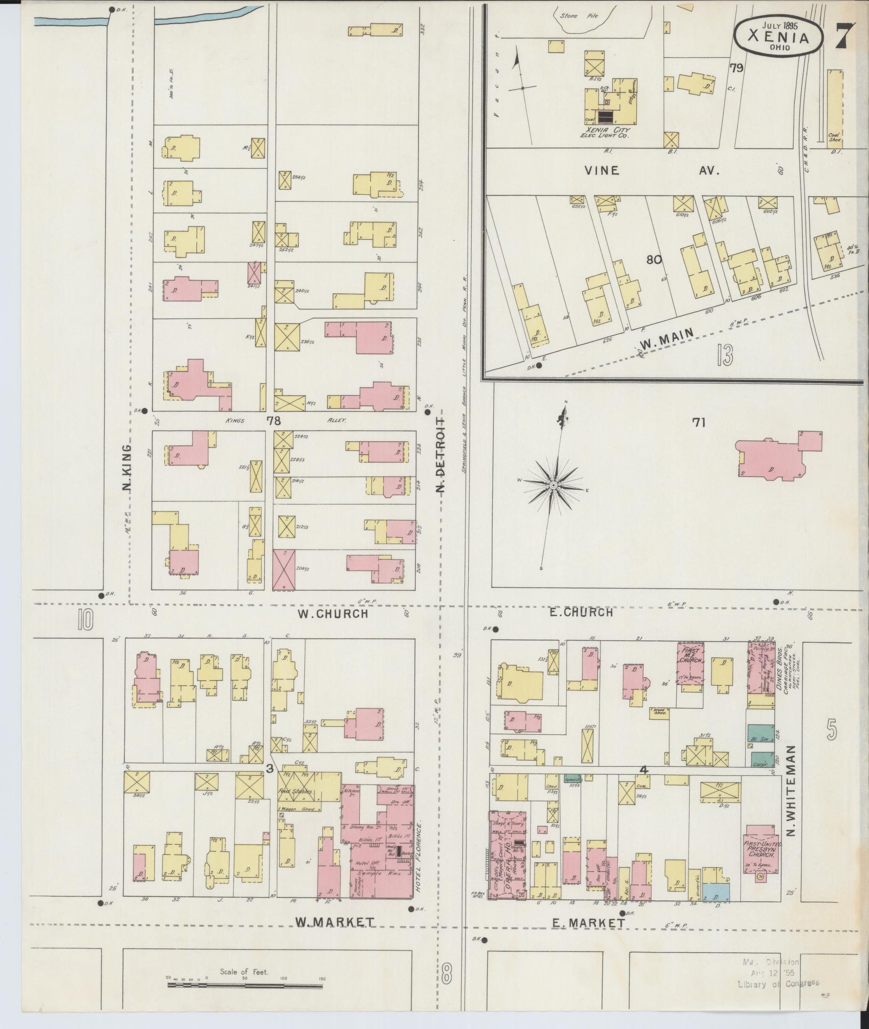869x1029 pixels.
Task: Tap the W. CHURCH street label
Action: [x=333, y=614]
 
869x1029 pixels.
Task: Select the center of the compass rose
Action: [x=554, y=485]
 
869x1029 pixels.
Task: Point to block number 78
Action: [x=274, y=421]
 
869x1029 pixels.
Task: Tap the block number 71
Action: [x=699, y=423]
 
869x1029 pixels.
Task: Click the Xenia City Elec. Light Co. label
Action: [x=607, y=133]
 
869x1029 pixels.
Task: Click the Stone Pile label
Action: [x=572, y=15]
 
